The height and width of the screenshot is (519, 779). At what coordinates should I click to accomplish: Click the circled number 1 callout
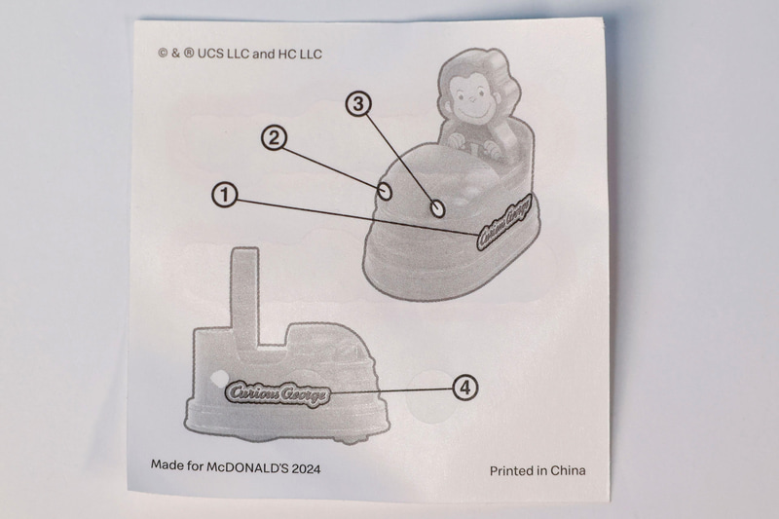[225, 194]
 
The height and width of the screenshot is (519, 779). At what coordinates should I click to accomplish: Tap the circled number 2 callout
[275, 137]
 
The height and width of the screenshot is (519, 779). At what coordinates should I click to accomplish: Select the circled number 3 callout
[358, 103]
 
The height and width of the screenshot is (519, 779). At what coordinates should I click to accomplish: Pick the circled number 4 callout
[465, 387]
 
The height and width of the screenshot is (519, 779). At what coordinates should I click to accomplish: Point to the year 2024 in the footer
[306, 468]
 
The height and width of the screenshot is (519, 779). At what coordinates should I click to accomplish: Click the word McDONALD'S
[247, 467]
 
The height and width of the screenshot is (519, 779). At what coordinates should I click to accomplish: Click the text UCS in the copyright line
[210, 54]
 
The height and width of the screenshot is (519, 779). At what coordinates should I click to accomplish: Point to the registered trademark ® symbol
[189, 54]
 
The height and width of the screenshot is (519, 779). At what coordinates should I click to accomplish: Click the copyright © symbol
[163, 54]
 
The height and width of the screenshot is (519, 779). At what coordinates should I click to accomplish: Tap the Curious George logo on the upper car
[503, 221]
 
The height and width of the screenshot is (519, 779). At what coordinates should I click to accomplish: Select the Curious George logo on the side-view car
[278, 393]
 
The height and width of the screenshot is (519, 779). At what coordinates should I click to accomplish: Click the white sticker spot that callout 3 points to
[437, 208]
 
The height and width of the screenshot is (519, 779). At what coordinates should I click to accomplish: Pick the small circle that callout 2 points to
[385, 190]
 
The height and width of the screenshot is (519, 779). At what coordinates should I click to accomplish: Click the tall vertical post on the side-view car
[245, 297]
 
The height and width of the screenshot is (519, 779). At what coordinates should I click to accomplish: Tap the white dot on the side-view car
[216, 379]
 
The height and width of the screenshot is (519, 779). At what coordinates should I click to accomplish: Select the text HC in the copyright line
[287, 54]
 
